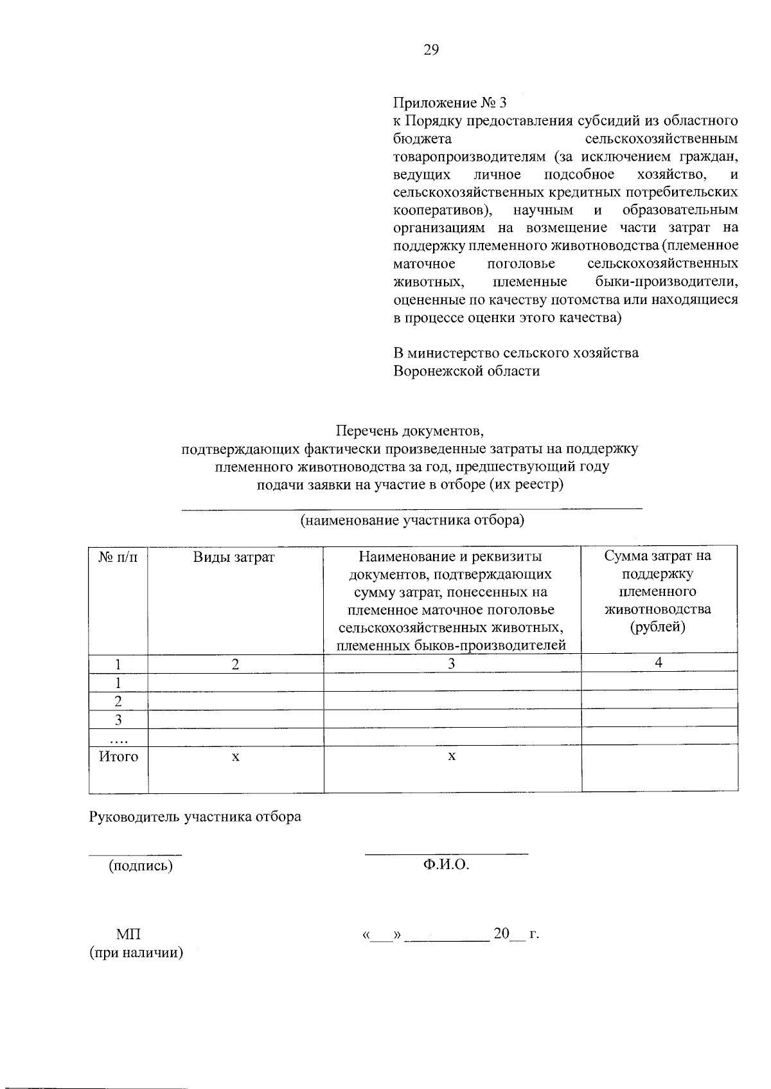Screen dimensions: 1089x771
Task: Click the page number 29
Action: [x=430, y=50]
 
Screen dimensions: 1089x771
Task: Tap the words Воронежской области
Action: [x=466, y=371]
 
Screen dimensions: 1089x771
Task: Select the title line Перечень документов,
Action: [x=410, y=430]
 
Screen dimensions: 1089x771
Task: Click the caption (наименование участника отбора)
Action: [x=412, y=520]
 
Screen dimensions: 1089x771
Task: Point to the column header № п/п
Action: [x=118, y=557]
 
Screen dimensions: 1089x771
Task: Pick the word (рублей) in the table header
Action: [x=658, y=627]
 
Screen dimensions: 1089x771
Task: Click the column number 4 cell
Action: [x=659, y=663]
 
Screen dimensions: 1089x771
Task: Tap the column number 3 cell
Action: [x=452, y=663]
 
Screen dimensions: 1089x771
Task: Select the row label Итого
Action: [x=118, y=757]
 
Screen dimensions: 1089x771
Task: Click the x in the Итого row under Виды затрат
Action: [x=236, y=757]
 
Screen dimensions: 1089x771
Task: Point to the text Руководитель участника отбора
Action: [x=195, y=817]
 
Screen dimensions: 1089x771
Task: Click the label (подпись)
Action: [x=141, y=865]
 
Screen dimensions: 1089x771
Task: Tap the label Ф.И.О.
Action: [x=446, y=865]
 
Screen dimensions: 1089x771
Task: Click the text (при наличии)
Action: [x=136, y=953]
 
